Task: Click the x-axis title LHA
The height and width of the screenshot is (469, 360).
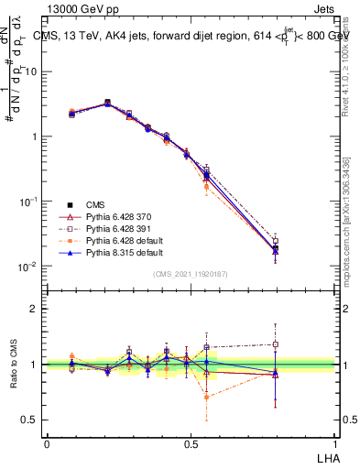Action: [326, 456]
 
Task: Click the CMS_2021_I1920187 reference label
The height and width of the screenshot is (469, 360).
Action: [191, 273]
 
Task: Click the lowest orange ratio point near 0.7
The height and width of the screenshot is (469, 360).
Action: [207, 398]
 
